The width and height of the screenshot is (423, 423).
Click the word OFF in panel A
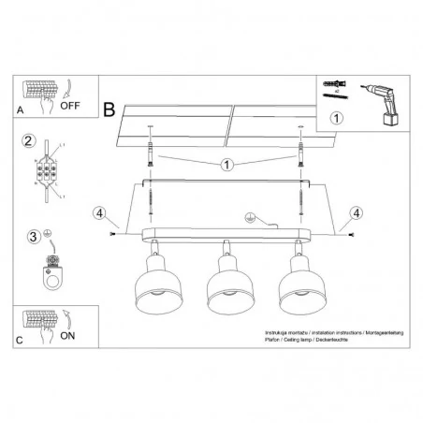[x=72, y=106]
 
